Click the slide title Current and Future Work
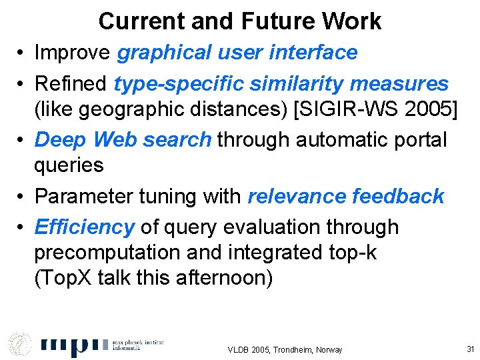[239, 21]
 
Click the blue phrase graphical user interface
[237, 52]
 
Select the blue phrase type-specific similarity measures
[281, 84]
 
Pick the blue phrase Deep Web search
[123, 139]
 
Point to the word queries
[69, 165]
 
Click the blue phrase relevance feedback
[345, 196]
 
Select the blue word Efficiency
[84, 227]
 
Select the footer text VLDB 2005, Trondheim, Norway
[285, 349]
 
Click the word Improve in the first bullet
[73, 52]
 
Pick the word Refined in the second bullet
[71, 84]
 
